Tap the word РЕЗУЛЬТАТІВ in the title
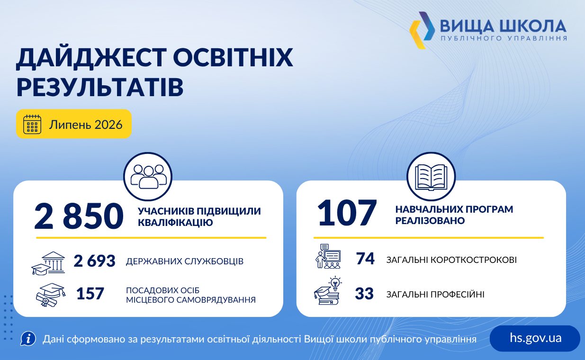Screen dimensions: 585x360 (x=100, y=87)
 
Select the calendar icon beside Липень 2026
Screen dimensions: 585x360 (x=32, y=124)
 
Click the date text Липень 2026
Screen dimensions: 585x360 (x=86, y=125)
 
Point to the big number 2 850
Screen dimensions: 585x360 (x=79, y=216)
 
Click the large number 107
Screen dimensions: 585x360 (x=347, y=213)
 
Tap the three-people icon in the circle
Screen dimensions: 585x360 (x=148, y=177)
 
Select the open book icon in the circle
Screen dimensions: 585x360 (x=431, y=177)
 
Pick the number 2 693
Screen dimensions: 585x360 (x=95, y=261)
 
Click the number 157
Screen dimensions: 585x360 (x=90, y=293)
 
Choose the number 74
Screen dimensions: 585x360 (x=365, y=259)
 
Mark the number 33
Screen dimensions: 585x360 (x=364, y=293)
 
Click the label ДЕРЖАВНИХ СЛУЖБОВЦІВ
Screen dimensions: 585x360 (x=185, y=261)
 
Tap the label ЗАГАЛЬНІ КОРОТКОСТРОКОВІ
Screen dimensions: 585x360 (x=451, y=260)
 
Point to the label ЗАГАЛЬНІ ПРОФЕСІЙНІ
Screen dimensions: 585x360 (x=435, y=295)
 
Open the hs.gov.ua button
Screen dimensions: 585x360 (x=535, y=338)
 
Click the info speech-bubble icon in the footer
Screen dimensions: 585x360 (x=28, y=339)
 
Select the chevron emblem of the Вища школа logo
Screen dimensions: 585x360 (x=422, y=30)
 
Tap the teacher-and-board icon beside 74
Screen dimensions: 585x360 (x=328, y=256)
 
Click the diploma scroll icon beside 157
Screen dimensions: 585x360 (x=51, y=295)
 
